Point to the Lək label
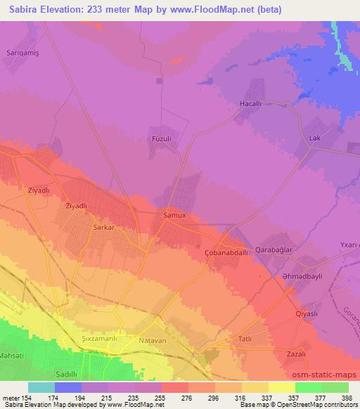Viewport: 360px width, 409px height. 314,138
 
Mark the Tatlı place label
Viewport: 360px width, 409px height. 246,339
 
